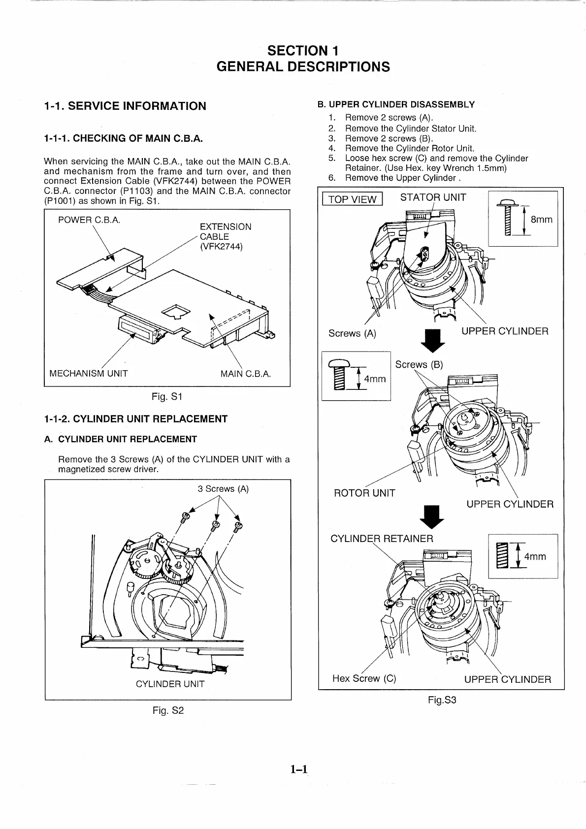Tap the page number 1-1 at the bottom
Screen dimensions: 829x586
pos(298,768)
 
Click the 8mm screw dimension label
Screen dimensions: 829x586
pos(541,220)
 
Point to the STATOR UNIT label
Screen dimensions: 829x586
pos(433,198)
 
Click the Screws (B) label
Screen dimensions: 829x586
pos(419,365)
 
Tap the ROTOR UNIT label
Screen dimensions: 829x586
pos(364,493)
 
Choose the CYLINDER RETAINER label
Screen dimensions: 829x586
pos(382,539)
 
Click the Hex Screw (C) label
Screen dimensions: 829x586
pos(364,678)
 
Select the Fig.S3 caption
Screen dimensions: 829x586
pos(442,700)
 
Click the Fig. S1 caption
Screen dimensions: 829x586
pos(167,396)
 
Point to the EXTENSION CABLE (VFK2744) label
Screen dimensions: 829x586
pos(225,237)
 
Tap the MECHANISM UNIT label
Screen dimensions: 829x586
pos(89,374)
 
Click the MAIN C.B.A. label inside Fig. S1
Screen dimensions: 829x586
pos(246,374)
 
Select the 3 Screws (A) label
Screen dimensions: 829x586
pos(223,489)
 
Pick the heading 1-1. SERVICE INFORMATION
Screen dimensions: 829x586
pos(125,106)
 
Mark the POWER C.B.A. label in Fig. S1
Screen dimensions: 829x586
pos(89,220)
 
